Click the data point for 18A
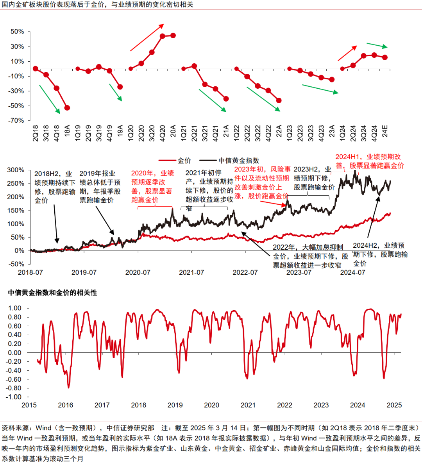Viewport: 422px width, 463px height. [67, 108]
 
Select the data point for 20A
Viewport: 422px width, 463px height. [173, 36]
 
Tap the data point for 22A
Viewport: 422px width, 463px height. [279, 100]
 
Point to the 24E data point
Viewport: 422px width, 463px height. [385, 57]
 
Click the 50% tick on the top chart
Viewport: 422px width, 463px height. [17, 32]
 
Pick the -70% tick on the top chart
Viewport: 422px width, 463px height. [16, 121]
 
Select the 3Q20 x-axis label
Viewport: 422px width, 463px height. [152, 133]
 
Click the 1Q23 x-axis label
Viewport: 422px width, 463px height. [290, 133]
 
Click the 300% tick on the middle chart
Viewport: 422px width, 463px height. [16, 170]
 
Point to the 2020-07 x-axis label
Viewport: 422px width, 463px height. [138, 272]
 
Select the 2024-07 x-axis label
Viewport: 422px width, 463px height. [352, 272]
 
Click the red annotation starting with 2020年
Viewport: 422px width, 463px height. [152, 186]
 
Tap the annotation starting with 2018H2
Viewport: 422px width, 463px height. [55, 187]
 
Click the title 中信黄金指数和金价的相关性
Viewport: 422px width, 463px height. [52, 293]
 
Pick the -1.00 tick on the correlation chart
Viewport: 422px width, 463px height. [15, 397]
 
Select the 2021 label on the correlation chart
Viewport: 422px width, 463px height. [248, 405]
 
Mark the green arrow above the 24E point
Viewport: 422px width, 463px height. [377, 45]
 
